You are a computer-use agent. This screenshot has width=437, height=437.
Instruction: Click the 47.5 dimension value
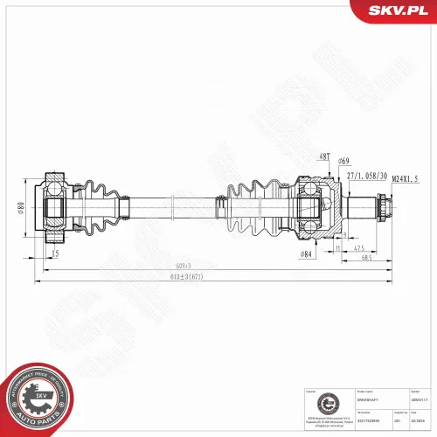coord(359,248)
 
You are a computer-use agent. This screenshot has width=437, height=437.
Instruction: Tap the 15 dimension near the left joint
coord(55,253)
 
